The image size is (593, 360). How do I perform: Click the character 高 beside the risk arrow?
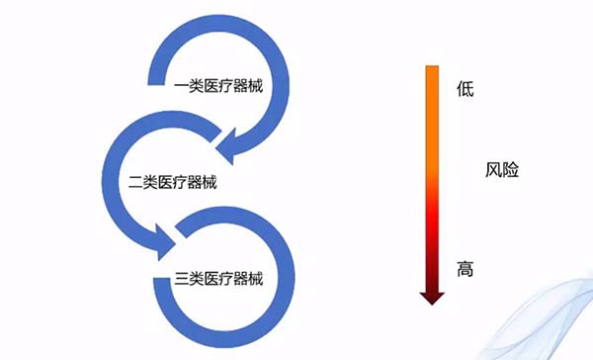point(466,269)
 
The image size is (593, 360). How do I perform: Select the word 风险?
point(503,169)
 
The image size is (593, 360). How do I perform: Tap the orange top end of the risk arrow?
point(432,71)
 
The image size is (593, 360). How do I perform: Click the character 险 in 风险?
point(511,169)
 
